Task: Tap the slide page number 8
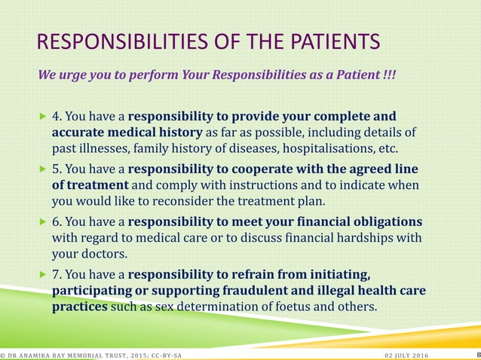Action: point(477,354)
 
